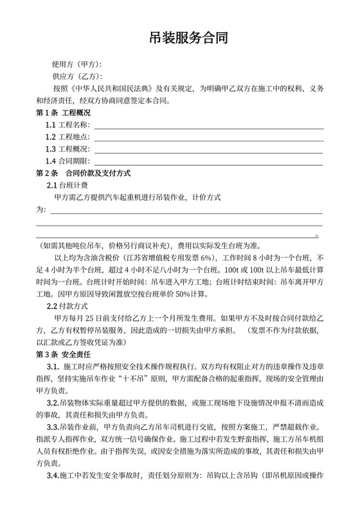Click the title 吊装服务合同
(x=180, y=39)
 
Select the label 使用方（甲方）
(x=77, y=65)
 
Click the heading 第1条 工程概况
(x=63, y=112)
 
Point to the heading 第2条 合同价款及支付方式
(x=83, y=173)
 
